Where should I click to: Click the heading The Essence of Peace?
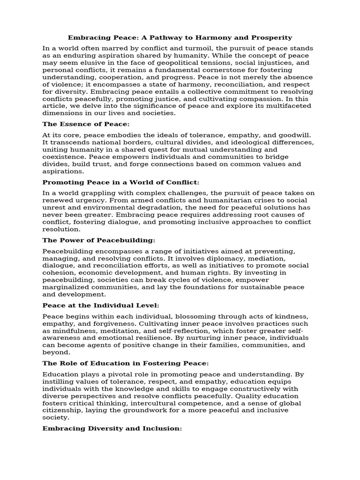click(x=86, y=124)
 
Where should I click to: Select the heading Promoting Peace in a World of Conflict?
click(x=121, y=182)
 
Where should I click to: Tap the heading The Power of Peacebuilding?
click(x=98, y=240)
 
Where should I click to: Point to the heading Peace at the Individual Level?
click(x=101, y=305)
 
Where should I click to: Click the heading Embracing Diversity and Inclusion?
click(x=112, y=428)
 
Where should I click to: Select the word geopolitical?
click(x=173, y=62)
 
